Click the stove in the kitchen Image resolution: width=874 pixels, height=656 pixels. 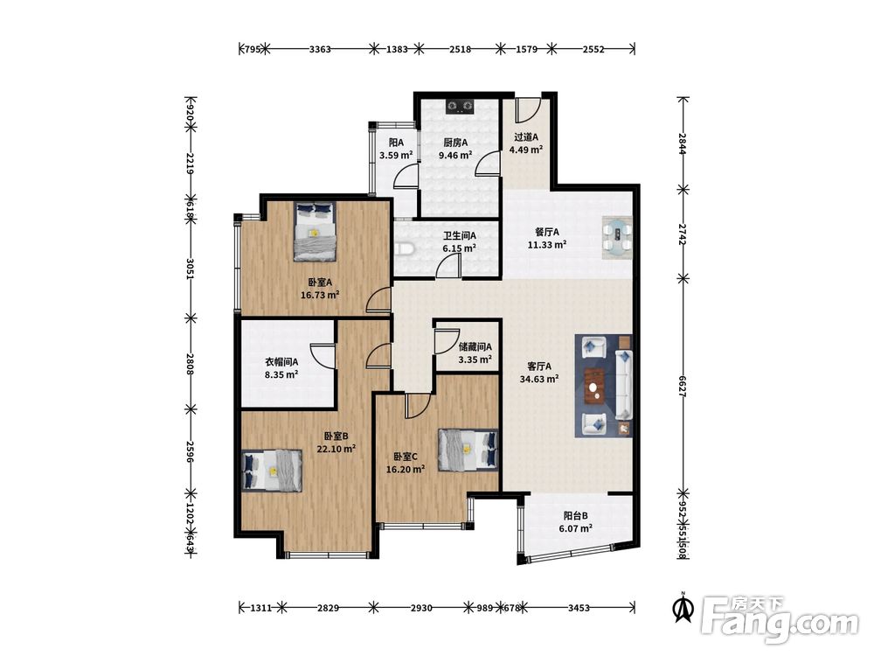coord(460,106)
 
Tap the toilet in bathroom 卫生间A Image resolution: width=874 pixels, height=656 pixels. coord(404,248)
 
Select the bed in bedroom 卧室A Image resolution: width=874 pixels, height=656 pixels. coord(315,232)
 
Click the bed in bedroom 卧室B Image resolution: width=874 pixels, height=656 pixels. coord(272,471)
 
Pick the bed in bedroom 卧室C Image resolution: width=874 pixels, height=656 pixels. coord(468,450)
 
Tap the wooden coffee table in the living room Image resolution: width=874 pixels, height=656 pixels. coord(596,386)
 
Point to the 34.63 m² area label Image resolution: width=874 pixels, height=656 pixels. coord(539,380)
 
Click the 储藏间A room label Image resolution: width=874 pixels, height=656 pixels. coord(475,347)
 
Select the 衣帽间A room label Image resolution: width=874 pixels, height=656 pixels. coord(281,362)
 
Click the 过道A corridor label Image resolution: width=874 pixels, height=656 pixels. coord(526,136)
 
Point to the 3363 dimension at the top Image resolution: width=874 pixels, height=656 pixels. coord(320,49)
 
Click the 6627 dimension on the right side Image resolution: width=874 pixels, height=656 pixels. coord(683,386)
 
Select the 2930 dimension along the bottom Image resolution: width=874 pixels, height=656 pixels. coord(421,608)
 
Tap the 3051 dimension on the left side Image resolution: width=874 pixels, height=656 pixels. coord(191,269)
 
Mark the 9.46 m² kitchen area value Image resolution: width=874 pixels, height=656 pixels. coord(455,155)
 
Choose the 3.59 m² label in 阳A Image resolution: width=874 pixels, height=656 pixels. coord(396,155)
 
